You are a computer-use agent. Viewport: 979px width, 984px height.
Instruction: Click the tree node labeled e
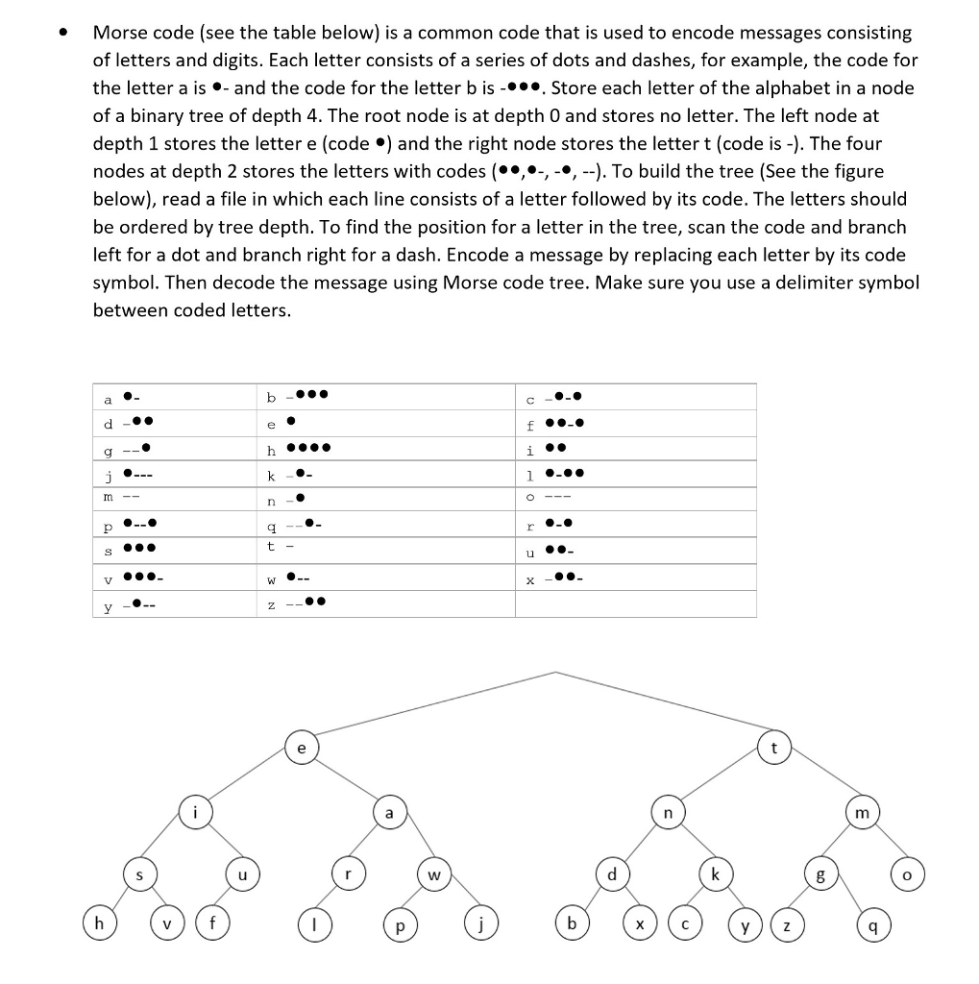(x=303, y=747)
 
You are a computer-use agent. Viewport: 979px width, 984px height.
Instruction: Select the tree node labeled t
(x=773, y=747)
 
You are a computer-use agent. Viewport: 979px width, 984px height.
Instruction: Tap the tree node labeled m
(x=862, y=813)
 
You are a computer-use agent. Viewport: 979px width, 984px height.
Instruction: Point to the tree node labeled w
(x=434, y=875)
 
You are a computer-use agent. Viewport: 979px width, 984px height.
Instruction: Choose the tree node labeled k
(x=714, y=875)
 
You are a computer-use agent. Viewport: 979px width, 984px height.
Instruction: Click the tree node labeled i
(x=195, y=813)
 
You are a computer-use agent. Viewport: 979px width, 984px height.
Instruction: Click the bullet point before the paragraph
(x=63, y=33)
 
